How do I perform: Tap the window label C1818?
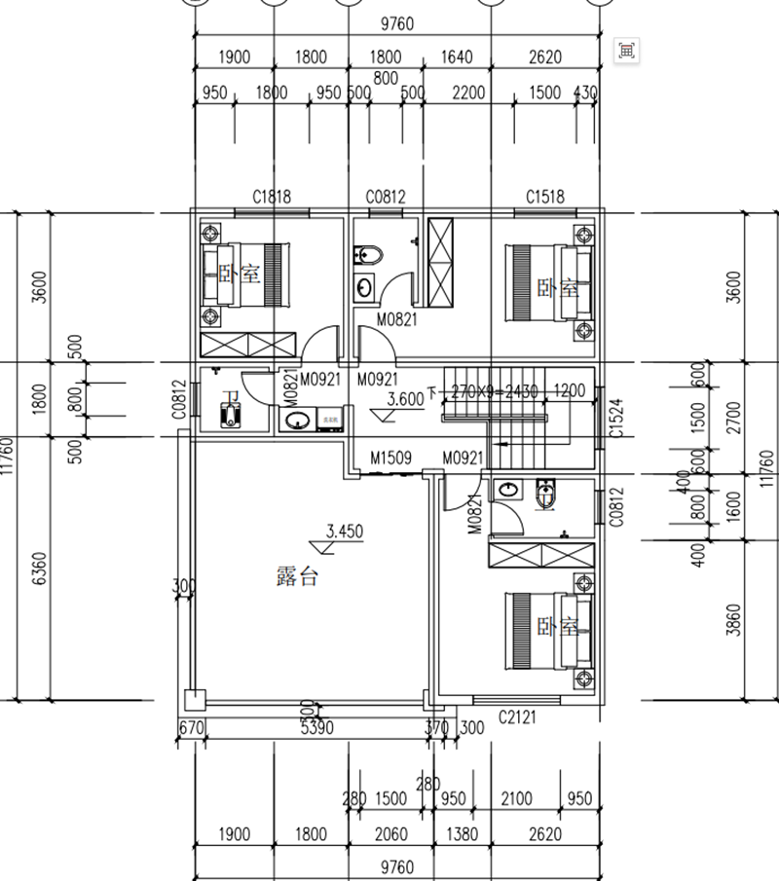[272, 198]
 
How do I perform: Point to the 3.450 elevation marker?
[345, 532]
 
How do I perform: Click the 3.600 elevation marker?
[404, 399]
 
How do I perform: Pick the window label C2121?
[517, 717]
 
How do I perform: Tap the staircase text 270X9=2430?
[494, 391]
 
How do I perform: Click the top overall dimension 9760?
[394, 24]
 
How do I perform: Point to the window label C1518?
[544, 198]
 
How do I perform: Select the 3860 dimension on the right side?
[735, 617]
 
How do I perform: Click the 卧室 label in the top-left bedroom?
[239, 275]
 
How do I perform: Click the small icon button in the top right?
[627, 50]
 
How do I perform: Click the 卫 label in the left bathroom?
[231, 399]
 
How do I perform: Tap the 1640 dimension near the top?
[456, 57]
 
